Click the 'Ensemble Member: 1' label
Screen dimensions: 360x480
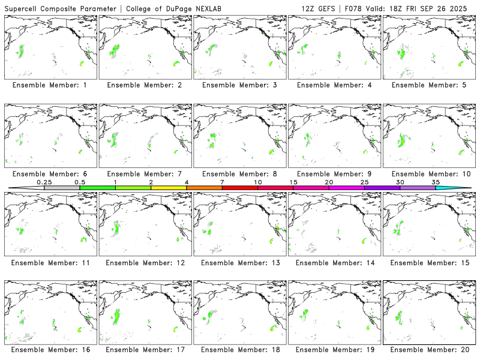pos(50,85)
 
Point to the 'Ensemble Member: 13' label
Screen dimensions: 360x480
pos(239,262)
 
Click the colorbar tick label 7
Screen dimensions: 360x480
pos(222,182)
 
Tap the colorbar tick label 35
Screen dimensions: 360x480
pos(436,182)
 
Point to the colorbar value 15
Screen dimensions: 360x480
pos(293,182)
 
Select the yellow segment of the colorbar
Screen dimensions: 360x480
pos(169,188)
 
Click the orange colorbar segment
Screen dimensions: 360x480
pos(204,188)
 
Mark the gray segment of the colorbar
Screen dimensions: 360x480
pos(62,188)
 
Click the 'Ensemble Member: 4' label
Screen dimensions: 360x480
pos(334,85)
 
